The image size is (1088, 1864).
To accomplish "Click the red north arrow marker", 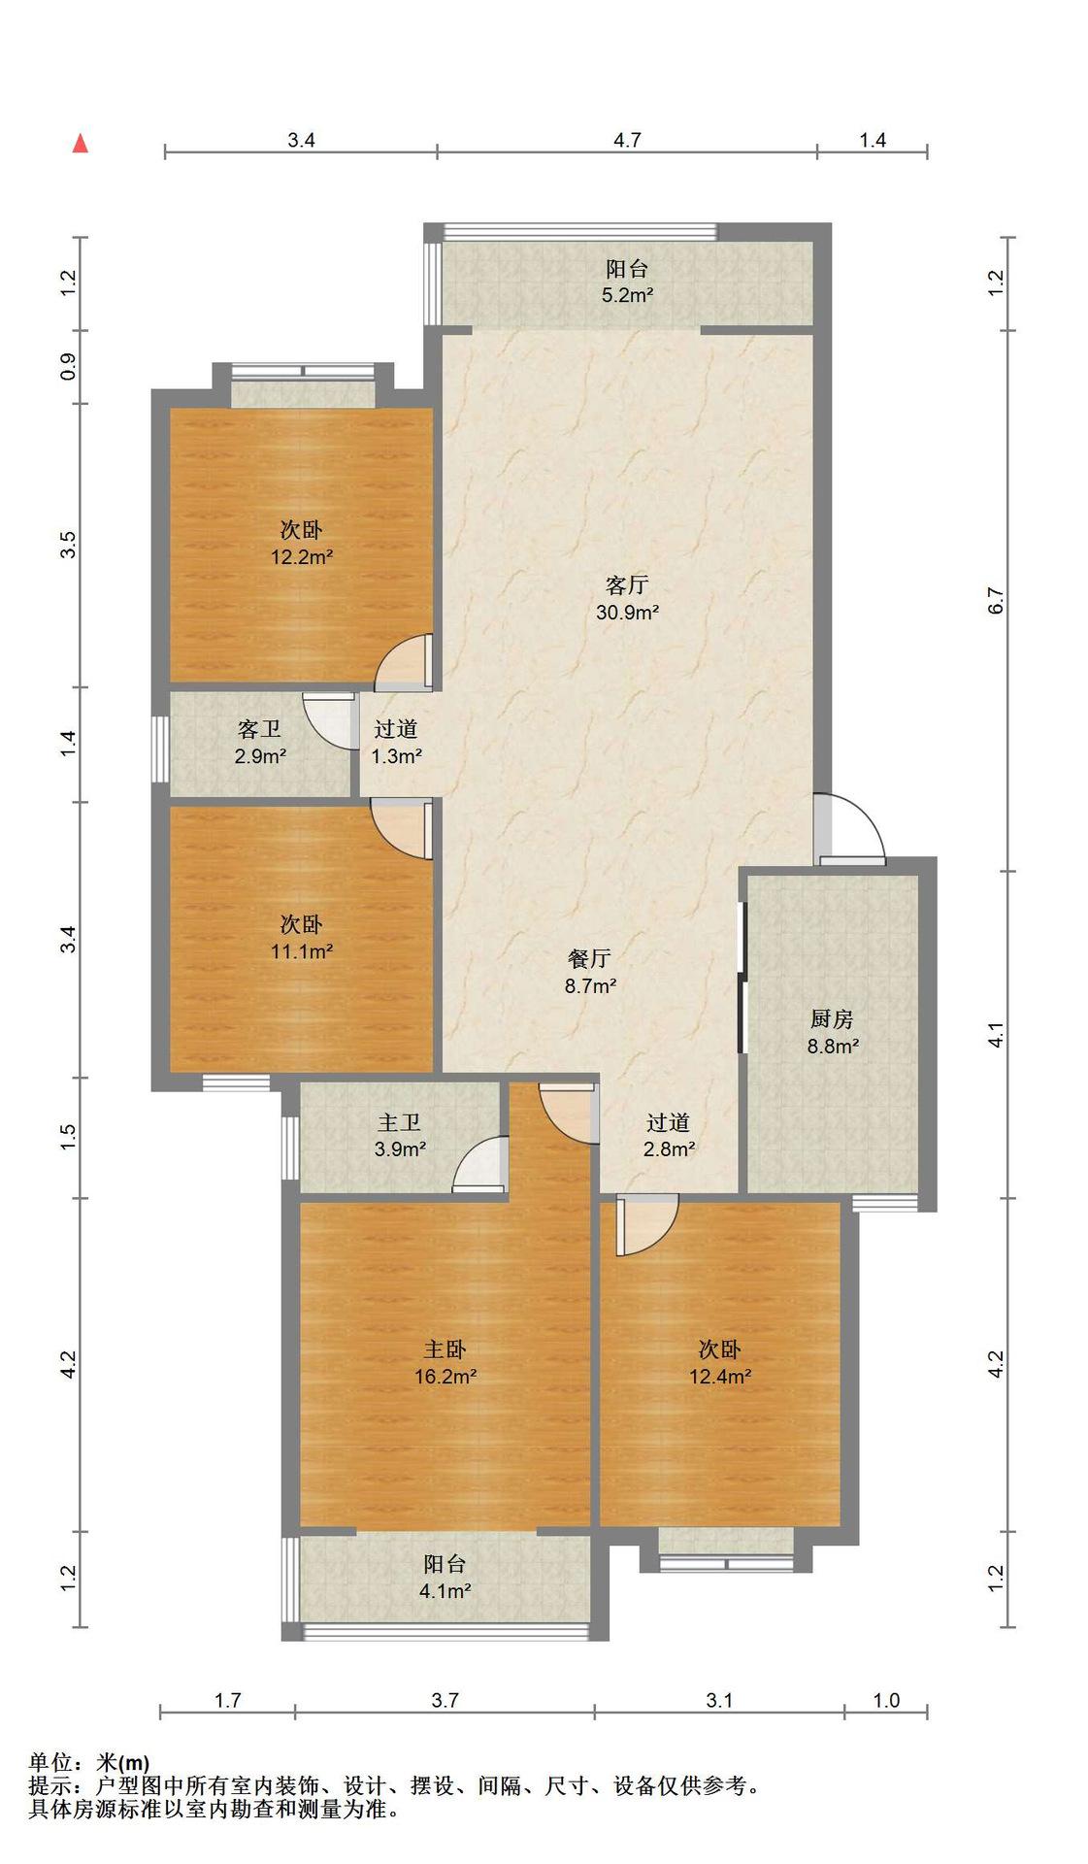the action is tap(81, 144).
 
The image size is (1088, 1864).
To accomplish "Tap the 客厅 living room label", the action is tap(626, 585).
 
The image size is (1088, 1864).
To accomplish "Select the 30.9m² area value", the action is tap(627, 613).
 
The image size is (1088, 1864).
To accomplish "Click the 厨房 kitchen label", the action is tap(832, 1019).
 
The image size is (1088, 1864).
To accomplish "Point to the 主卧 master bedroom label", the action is tap(445, 1349).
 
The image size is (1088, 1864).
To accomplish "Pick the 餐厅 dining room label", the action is tap(589, 959).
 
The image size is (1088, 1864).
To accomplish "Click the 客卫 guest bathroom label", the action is tap(259, 729).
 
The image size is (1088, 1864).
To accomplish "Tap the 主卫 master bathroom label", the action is tap(399, 1123).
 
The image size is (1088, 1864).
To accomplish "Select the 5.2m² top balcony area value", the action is tap(626, 296).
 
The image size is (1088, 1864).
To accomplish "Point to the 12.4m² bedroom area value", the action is tap(719, 1377).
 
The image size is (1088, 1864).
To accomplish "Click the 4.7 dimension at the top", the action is tap(627, 140).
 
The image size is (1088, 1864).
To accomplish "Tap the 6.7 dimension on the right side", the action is tap(996, 601).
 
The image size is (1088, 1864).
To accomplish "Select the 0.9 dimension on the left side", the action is tap(68, 367).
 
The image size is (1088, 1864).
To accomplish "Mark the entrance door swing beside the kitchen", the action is tap(850, 828).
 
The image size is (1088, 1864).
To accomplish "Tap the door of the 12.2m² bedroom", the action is tap(403, 662).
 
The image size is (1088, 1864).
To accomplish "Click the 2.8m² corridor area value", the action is tap(669, 1150).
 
